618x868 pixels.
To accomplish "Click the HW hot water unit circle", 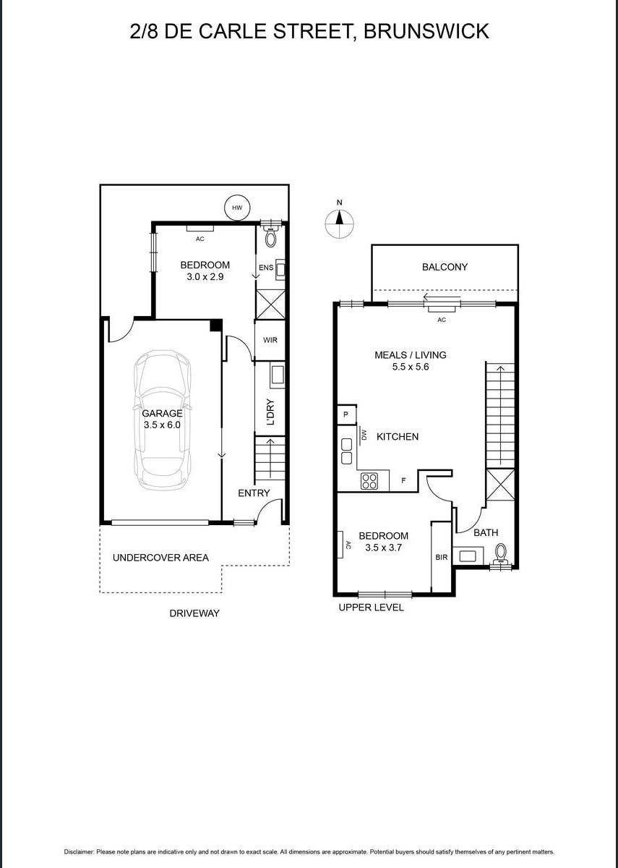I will coord(236,208).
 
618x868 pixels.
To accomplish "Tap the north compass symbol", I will coord(339,224).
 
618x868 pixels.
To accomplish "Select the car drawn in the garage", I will coord(162,420).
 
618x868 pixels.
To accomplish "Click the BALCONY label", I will coord(445,267).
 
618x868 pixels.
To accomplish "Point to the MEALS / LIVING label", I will coord(410,355).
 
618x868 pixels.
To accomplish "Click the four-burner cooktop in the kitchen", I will coord(369,480).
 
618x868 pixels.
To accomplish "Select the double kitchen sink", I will coord(347,451).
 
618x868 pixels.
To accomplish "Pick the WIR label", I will coord(270,340).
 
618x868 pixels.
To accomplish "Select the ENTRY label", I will coord(254,493).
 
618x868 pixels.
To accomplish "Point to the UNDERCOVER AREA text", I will coord(160,558).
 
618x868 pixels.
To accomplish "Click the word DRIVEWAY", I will coord(194,613).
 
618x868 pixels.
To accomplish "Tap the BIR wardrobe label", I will coord(442,558).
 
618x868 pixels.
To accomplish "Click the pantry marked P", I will coord(346,414).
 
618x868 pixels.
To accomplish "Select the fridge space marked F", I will coord(403,480).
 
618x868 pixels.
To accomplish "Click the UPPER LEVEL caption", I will coord(371,608).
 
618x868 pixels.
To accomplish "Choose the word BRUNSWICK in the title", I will coord(426,31).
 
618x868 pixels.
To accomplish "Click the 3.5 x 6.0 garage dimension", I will coord(162,425).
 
